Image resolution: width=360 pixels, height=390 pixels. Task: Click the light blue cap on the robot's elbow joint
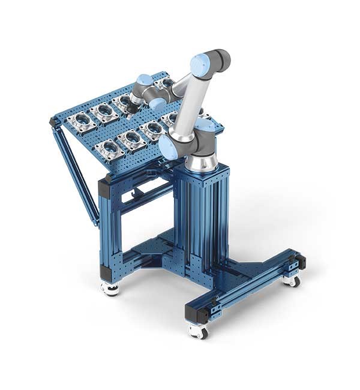click(x=200, y=63)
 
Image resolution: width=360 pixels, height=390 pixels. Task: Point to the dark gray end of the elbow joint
click(x=221, y=59)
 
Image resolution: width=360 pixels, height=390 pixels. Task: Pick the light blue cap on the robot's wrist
click(x=143, y=80)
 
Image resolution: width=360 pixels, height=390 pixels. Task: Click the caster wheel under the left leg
click(x=110, y=289)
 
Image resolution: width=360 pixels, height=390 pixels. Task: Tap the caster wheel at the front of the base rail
click(x=197, y=330)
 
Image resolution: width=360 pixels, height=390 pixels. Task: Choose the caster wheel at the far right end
click(x=292, y=280)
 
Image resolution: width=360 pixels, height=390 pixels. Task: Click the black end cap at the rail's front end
click(x=197, y=313)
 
